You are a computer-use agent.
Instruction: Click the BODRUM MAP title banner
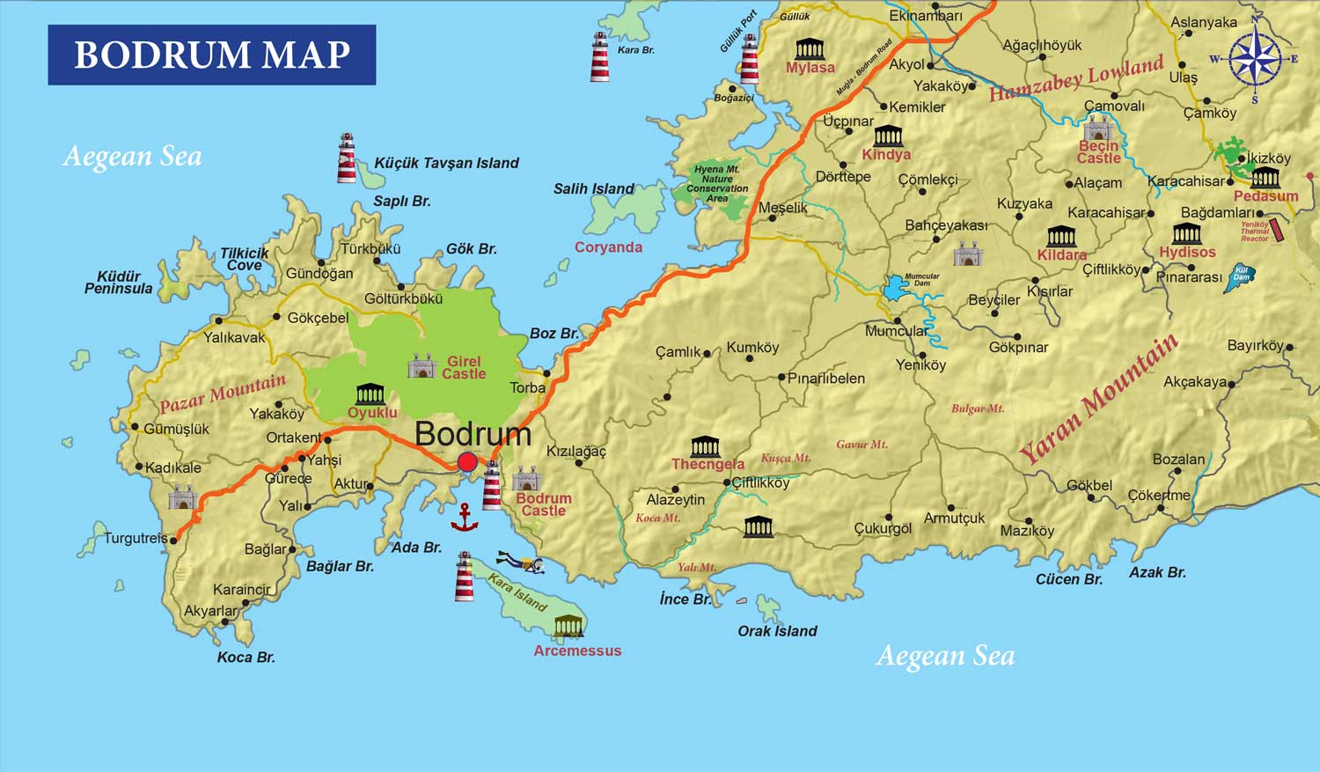pos(211,55)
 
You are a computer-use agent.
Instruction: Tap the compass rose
pos(1255,59)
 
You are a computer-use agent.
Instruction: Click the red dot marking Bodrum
pos(467,462)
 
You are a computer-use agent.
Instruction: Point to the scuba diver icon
pos(520,562)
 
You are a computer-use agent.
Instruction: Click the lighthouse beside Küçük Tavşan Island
pos(347,158)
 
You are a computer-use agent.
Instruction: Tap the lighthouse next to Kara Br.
pos(599,57)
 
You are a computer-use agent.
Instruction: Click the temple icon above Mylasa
pos(810,48)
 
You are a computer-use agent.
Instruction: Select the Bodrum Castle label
pos(544,504)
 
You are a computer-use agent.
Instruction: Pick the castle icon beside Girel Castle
pos(422,366)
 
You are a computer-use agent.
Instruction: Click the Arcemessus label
pos(577,651)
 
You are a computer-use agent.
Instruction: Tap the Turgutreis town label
pos(136,538)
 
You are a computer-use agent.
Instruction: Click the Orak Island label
pos(777,631)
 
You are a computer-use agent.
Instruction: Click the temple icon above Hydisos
pos(1186,233)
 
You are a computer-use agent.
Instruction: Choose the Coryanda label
pos(608,247)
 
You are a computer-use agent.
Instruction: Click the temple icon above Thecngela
pos(705,445)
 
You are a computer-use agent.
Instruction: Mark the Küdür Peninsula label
pos(119,283)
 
